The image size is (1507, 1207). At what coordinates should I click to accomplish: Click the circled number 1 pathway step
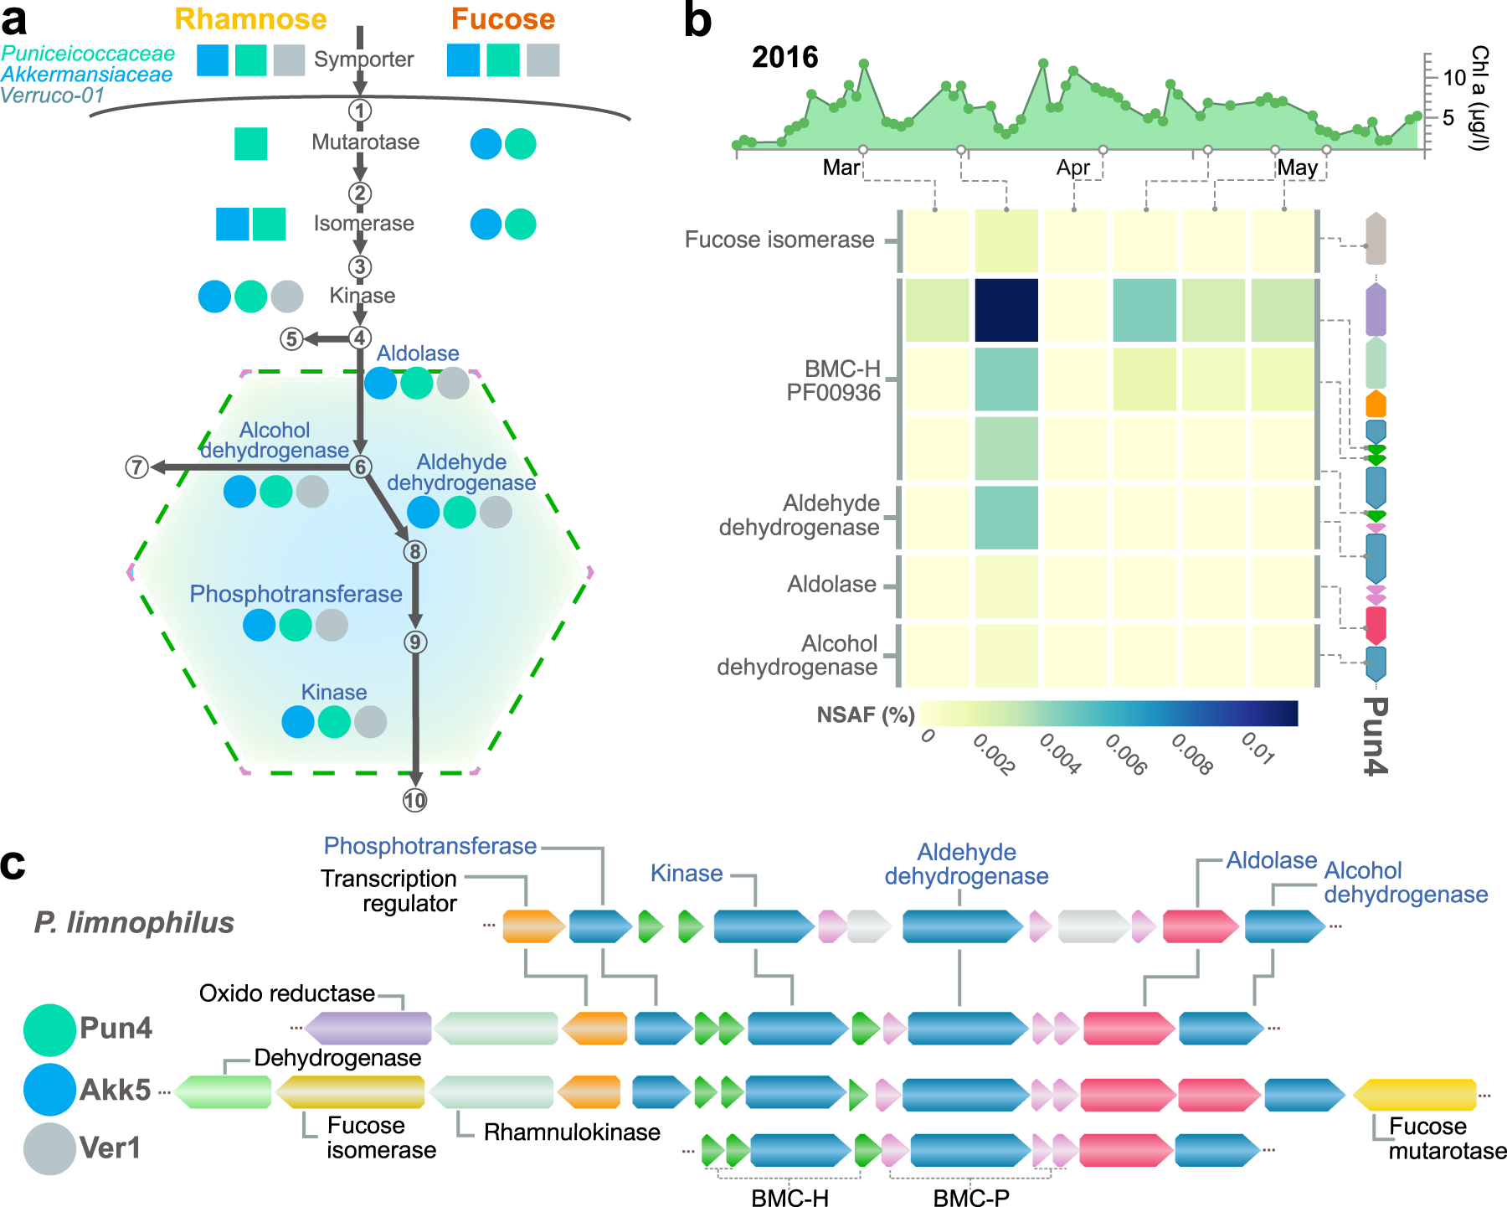(x=360, y=111)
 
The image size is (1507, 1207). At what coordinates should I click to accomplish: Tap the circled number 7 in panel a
(x=136, y=467)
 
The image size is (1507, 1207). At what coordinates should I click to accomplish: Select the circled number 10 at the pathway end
(x=414, y=801)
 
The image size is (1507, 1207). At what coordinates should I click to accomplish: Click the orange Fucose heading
(x=503, y=19)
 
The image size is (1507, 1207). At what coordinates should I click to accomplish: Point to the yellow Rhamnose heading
(x=250, y=19)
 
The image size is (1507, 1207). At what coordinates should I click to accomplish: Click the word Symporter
(x=363, y=59)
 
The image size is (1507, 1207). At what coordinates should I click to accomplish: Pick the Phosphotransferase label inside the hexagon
(x=296, y=594)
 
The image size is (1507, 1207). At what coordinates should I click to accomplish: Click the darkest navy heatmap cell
(x=1006, y=310)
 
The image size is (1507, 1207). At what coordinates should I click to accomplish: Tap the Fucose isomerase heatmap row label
(x=779, y=240)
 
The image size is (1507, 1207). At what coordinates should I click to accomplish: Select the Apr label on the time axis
(x=1072, y=168)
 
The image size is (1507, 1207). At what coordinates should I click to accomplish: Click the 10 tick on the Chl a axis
(x=1454, y=77)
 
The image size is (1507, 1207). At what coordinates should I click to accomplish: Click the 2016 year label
(x=784, y=57)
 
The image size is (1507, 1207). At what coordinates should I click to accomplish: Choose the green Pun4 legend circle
(x=49, y=1029)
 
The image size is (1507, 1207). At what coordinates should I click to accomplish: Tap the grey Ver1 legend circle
(x=49, y=1148)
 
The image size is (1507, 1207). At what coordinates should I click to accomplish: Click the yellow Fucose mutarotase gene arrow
(x=1415, y=1095)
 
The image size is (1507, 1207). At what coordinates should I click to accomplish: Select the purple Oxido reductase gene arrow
(x=368, y=1028)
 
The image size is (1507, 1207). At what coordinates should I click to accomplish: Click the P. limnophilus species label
(x=134, y=922)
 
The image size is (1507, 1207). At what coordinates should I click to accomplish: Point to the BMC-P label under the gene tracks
(x=970, y=1198)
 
